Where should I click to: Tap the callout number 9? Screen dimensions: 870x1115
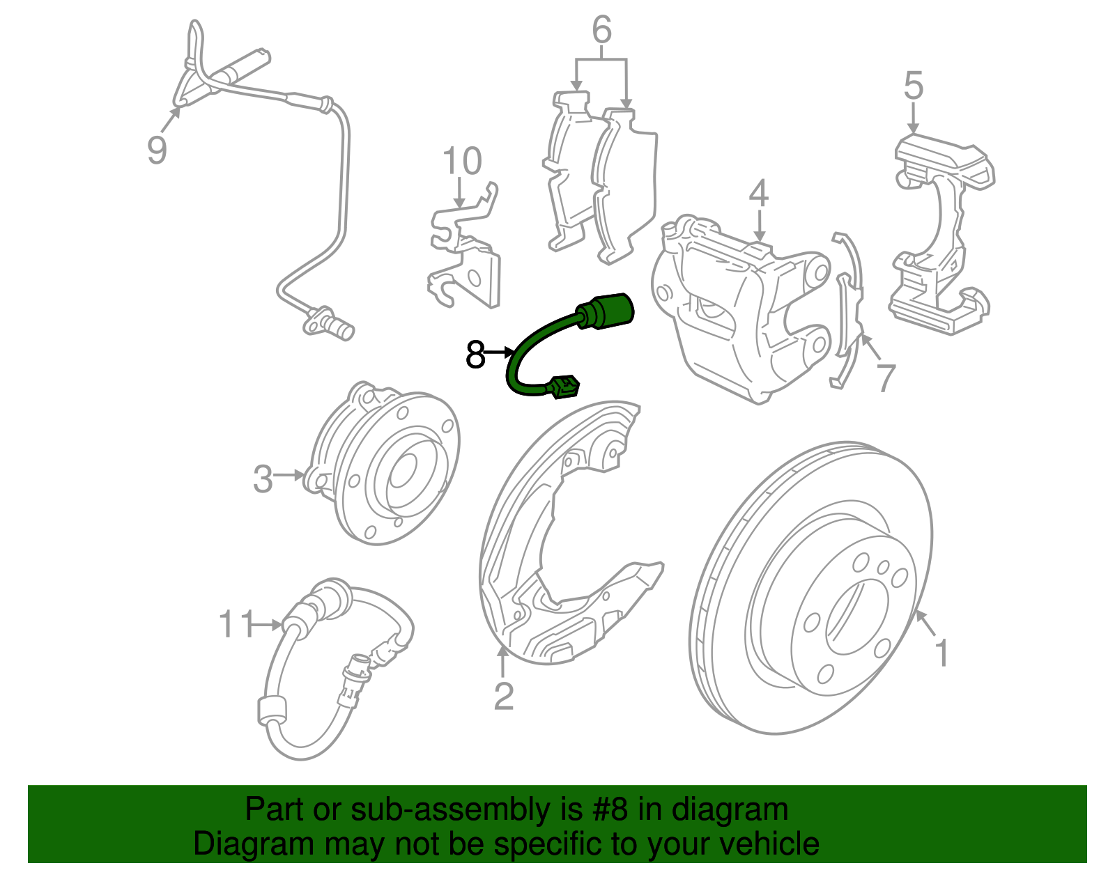pos(157,149)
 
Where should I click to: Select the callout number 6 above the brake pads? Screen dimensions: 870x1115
pos(601,31)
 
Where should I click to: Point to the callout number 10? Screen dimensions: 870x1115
pos(462,162)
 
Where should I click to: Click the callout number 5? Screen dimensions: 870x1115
pos(913,86)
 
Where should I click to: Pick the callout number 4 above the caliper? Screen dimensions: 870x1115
pos(758,194)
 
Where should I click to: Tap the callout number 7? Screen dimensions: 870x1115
pos(884,378)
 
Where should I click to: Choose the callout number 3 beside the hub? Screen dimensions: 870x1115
pos(263,479)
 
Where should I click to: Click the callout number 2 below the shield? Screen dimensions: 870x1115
pos(503,697)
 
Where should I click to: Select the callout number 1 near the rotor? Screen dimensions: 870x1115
pos(941,653)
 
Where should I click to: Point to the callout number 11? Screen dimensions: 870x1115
pos(236,623)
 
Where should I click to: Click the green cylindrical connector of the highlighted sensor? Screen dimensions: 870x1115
pos(609,310)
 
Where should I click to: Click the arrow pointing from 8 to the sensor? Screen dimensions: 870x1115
pos(499,353)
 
